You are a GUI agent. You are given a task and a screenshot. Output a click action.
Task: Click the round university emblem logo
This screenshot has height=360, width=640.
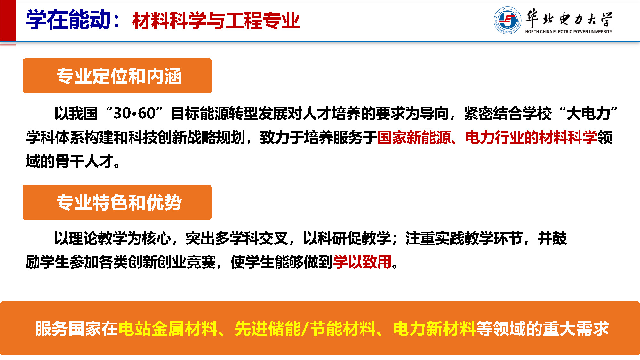508,20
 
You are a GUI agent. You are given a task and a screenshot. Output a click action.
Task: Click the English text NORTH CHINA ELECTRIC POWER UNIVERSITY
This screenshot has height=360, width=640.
569,32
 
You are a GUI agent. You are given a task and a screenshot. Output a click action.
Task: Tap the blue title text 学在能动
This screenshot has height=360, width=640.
68,20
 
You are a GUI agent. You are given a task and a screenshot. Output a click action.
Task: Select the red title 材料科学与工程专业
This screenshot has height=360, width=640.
216,20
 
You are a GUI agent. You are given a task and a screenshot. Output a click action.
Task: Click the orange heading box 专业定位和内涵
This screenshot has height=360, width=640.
117,76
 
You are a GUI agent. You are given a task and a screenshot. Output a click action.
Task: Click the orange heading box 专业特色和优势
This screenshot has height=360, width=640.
117,202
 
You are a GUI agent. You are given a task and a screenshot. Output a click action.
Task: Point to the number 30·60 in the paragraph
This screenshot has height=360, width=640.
134,114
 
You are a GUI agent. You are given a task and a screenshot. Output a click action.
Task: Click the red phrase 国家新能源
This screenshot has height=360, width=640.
414,138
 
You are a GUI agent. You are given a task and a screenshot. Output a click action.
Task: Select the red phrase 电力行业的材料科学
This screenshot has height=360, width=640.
532,138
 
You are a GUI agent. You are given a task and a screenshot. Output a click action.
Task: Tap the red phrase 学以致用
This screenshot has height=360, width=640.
362,262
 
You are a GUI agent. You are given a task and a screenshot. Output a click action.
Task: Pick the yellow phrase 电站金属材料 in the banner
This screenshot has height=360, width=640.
168,329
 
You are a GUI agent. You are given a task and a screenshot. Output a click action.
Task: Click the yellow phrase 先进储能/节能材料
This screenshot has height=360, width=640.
305,329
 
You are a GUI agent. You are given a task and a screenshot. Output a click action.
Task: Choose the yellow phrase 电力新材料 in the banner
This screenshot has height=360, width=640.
434,329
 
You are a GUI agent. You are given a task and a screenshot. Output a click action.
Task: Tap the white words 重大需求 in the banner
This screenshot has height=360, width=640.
576,329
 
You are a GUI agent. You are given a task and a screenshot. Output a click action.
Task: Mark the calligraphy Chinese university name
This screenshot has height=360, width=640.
569,18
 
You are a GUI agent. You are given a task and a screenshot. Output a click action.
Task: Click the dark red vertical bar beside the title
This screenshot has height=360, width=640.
8,21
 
